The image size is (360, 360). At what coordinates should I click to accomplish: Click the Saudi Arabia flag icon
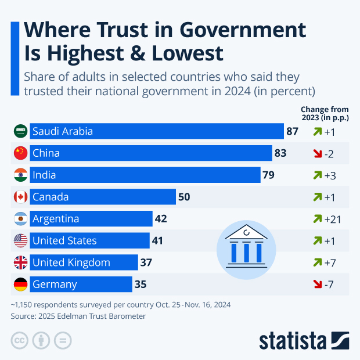point(20,131)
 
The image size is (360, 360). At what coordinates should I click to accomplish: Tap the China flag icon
point(20,153)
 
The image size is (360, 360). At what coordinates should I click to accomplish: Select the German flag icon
point(20,285)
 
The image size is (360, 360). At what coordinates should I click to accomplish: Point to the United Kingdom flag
point(20,262)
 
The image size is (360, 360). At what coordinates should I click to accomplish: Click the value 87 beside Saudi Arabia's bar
point(292,131)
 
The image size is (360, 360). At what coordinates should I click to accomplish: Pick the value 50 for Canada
point(184,197)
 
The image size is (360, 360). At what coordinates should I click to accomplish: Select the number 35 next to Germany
point(140,285)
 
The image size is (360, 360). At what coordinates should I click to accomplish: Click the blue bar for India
point(145,175)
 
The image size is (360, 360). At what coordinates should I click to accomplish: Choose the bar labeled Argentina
point(91,219)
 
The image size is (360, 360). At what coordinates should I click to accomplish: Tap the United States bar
point(89,240)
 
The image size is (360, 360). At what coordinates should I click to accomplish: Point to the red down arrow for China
point(316,153)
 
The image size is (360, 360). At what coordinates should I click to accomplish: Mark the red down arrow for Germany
point(316,285)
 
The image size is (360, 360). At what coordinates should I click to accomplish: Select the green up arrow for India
point(316,175)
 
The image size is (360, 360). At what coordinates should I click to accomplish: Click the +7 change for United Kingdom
point(330,262)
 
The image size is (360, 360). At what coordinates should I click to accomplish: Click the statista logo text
point(293,340)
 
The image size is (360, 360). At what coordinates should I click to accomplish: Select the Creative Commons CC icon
point(20,340)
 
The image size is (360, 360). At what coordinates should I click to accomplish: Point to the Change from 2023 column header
point(324,113)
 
